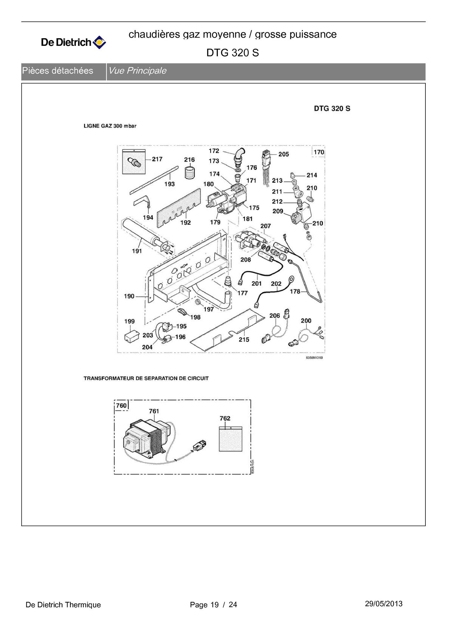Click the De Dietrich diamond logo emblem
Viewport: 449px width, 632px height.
pyautogui.click(x=99, y=42)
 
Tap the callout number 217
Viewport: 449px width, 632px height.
pyautogui.click(x=157, y=159)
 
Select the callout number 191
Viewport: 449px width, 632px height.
pyautogui.click(x=137, y=251)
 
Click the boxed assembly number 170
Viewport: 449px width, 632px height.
pyautogui.click(x=318, y=152)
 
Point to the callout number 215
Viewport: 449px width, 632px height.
pyautogui.click(x=244, y=340)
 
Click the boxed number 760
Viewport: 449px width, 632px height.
pyautogui.click(x=121, y=405)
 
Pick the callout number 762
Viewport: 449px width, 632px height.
pyautogui.click(x=225, y=418)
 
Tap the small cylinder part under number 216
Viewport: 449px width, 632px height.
pyautogui.click(x=189, y=172)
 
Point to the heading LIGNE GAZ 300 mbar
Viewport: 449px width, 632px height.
pyautogui.click(x=110, y=126)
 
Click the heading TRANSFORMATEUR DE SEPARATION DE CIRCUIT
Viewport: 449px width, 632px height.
pyautogui.click(x=146, y=378)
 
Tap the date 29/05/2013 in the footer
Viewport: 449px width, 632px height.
pyautogui.click(x=383, y=604)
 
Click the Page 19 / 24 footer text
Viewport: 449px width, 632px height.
pyautogui.click(x=213, y=605)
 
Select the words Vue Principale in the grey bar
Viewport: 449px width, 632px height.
pyautogui.click(x=137, y=71)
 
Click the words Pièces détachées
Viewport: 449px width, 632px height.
pyautogui.click(x=58, y=71)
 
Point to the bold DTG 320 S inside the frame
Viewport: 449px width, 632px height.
pyautogui.click(x=332, y=109)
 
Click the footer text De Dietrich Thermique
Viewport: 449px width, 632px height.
pyautogui.click(x=63, y=605)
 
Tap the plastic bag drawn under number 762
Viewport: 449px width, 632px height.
pyautogui.click(x=231, y=439)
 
